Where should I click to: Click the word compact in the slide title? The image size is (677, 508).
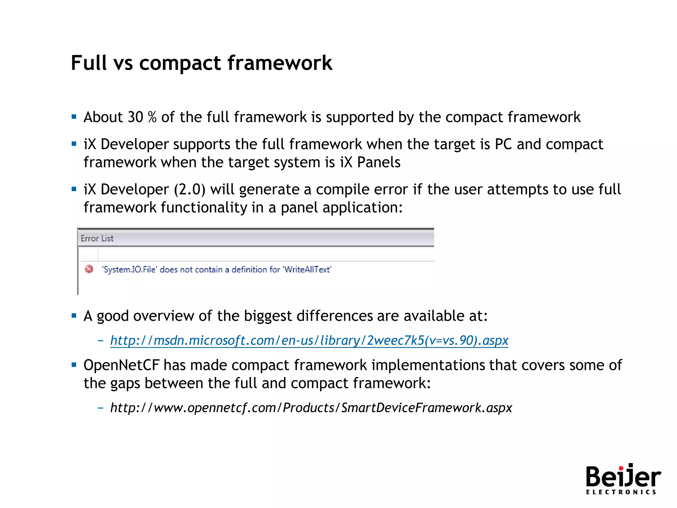click(180, 63)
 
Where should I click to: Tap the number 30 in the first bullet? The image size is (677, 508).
click(135, 117)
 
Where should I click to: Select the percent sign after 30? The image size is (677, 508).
click(152, 117)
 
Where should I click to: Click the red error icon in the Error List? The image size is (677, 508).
click(89, 269)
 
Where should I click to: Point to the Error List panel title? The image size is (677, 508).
click(97, 238)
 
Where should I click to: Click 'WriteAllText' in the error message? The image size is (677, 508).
click(307, 270)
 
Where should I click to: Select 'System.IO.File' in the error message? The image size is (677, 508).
click(129, 270)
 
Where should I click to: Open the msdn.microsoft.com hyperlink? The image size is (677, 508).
click(309, 340)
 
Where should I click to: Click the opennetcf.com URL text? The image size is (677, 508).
click(311, 408)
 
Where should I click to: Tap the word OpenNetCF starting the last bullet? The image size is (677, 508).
click(121, 365)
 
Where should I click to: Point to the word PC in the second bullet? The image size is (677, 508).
click(503, 144)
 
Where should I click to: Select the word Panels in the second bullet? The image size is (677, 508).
click(379, 162)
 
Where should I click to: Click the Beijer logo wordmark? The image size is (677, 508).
click(623, 477)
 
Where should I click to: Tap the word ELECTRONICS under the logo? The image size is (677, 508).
click(621, 492)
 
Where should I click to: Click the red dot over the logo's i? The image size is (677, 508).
click(620, 467)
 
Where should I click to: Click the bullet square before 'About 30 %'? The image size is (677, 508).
click(74, 116)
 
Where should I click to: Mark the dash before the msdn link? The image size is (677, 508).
click(100, 340)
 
